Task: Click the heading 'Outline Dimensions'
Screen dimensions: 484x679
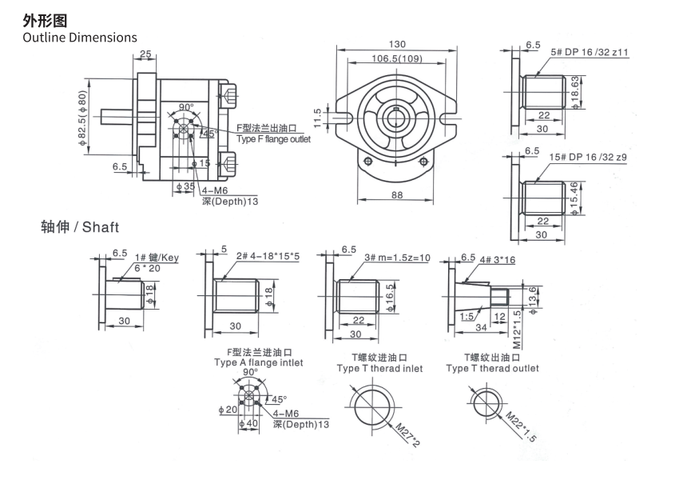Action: pos(80,38)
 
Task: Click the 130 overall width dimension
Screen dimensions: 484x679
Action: pos(397,44)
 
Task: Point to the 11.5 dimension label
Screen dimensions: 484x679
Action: pos(317,118)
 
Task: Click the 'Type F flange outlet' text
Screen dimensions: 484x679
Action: pos(273,140)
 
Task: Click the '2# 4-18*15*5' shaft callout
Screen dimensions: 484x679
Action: pos(268,256)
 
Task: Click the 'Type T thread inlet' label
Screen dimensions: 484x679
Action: pos(379,369)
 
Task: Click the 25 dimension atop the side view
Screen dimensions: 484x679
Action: pos(145,54)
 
